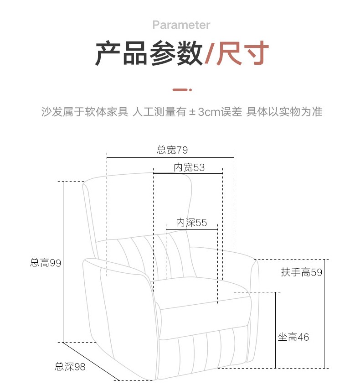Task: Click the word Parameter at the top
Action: (x=181, y=25)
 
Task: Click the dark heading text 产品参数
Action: (x=149, y=54)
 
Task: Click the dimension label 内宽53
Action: (x=189, y=167)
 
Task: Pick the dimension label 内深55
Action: (x=191, y=223)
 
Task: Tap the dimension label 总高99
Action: (x=46, y=263)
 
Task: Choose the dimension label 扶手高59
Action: (x=302, y=272)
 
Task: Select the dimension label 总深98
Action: (x=70, y=366)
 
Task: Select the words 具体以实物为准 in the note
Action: (x=284, y=112)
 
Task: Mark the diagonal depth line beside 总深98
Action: (x=91, y=361)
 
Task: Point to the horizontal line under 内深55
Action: (x=191, y=229)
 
